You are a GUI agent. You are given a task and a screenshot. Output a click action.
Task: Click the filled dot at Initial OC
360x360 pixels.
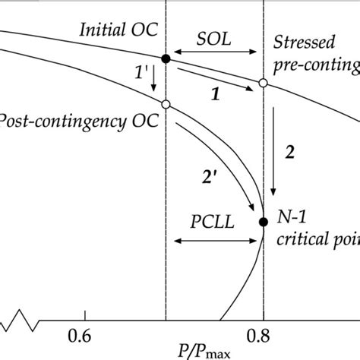pyautogui.click(x=166, y=58)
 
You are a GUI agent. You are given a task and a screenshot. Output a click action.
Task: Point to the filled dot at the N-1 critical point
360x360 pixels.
pyautogui.click(x=263, y=222)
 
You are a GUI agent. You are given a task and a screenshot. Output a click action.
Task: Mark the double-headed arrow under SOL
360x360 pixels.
pyautogui.click(x=214, y=52)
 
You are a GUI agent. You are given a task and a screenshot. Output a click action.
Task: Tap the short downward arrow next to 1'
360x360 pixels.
pyautogui.click(x=154, y=79)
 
